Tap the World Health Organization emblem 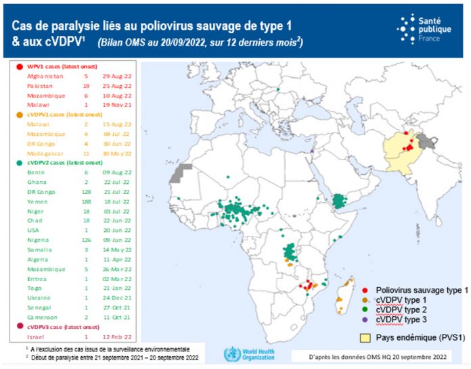232,353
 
